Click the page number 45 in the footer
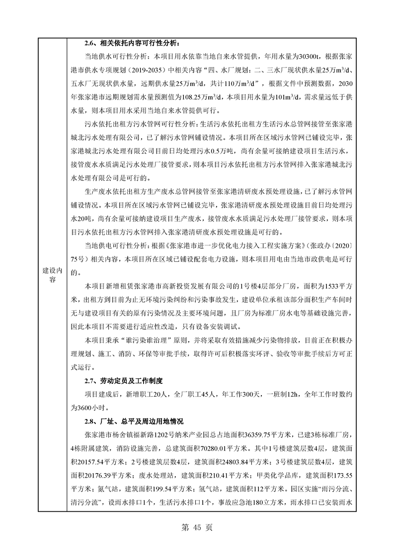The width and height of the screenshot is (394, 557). pos(197,528)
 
